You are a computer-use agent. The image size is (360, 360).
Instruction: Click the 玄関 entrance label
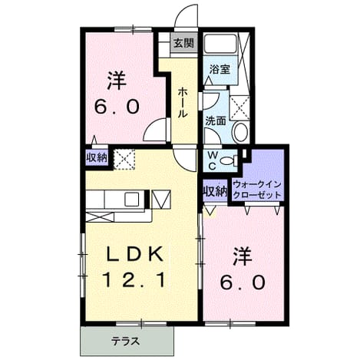tap(183, 43)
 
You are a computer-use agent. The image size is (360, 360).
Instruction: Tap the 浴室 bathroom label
tap(220, 69)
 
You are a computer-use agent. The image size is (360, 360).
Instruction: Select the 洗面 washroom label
tap(216, 121)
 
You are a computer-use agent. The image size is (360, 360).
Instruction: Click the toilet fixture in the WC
tap(229, 160)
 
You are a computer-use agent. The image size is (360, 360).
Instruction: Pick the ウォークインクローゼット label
tap(257, 190)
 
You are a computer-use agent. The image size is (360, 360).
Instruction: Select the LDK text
tap(135, 254)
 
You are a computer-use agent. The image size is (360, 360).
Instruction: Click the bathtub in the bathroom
tap(221, 44)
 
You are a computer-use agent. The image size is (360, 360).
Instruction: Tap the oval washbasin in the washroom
tap(241, 132)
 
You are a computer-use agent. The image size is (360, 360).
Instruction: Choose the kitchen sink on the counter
tap(132, 200)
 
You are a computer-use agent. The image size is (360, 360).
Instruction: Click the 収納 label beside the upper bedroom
tap(97, 157)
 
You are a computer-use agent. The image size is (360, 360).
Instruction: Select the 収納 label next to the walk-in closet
tap(215, 191)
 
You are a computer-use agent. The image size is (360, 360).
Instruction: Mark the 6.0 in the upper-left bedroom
tap(117, 107)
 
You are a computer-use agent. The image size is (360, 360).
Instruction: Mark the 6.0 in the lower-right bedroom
tap(243, 282)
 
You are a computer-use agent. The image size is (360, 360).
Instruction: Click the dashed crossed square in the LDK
tap(124, 159)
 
